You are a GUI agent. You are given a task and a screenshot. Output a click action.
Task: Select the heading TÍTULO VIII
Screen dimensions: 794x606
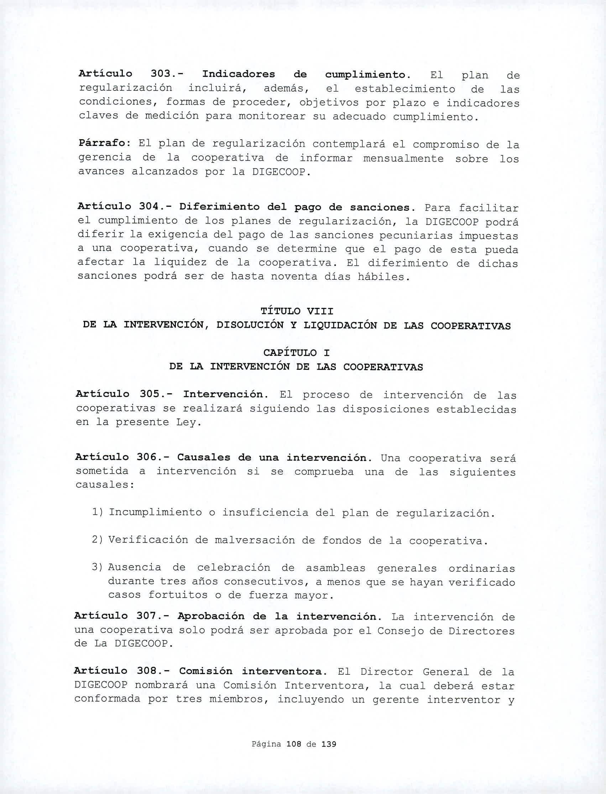coord(297,311)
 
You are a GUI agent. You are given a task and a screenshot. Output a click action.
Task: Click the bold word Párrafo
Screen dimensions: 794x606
coord(102,143)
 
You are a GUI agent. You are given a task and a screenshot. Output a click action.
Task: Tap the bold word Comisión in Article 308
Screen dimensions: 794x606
coord(205,671)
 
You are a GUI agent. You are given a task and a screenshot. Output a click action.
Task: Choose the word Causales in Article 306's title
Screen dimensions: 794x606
coord(203,458)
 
